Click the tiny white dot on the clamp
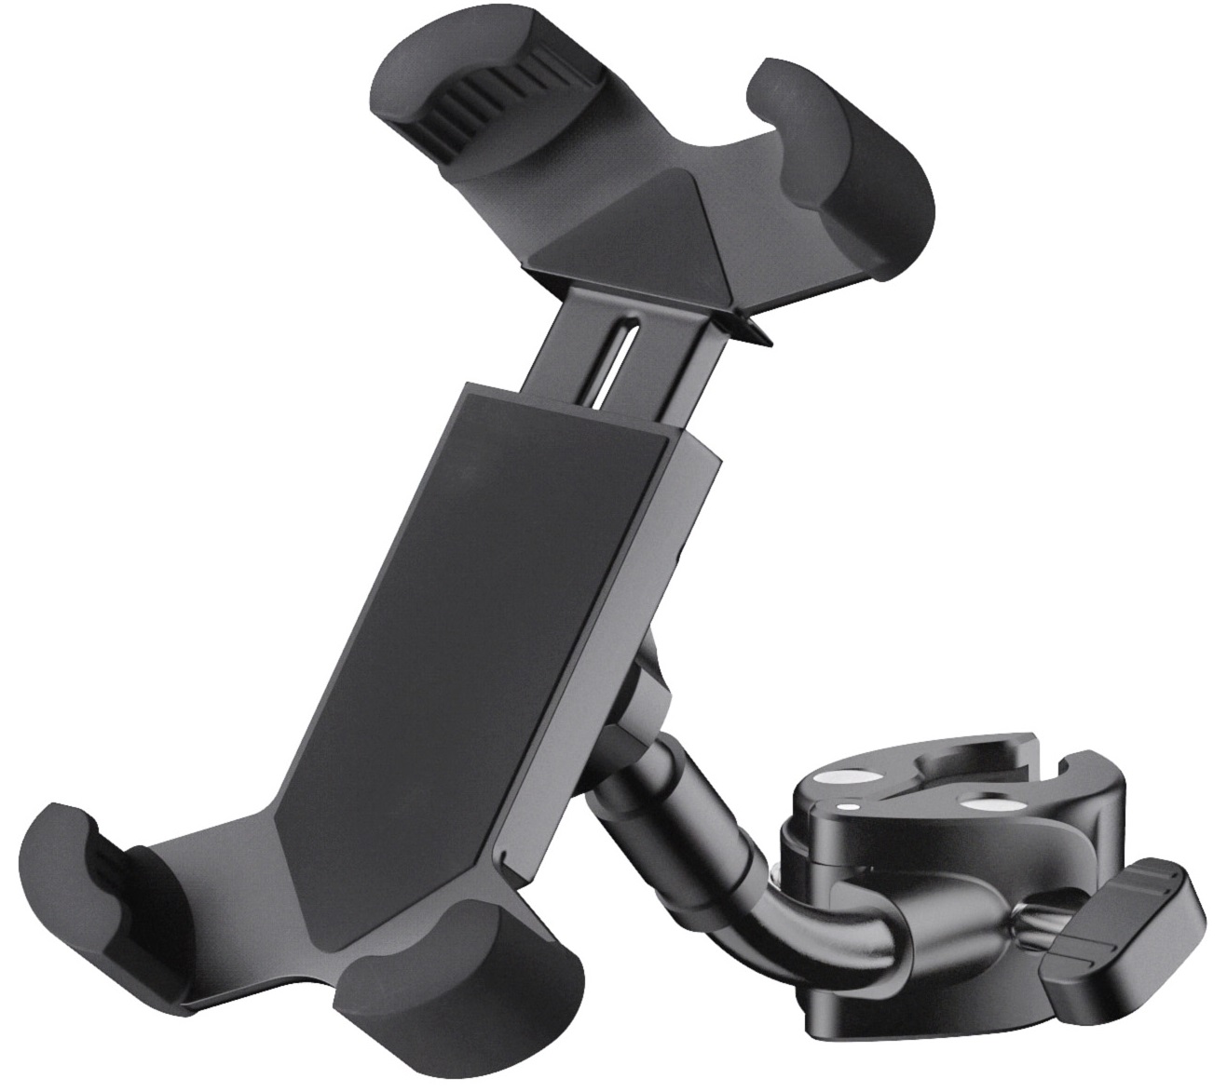pos(845,805)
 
